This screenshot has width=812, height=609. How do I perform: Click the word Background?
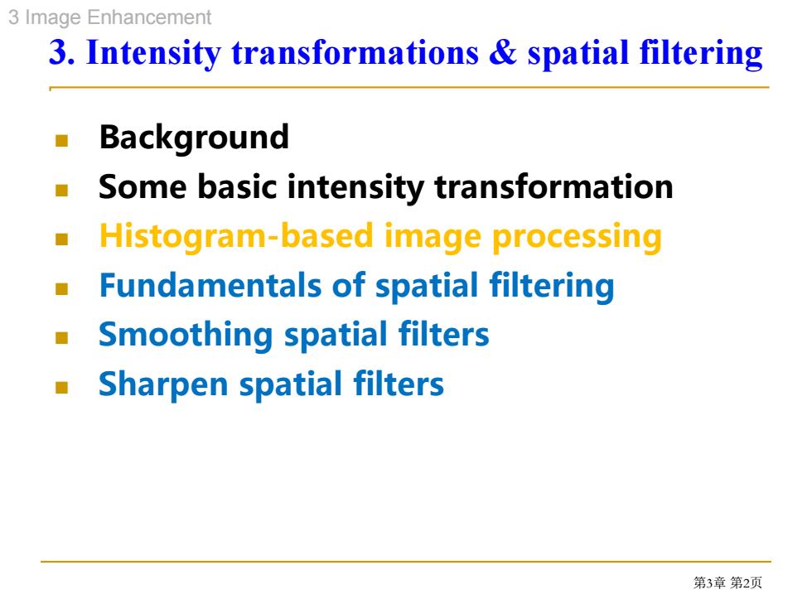coord(194,138)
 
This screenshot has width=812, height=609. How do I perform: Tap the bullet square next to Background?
coord(61,140)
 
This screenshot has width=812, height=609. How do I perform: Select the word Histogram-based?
coord(236,237)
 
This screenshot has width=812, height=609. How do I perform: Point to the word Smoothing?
coord(186,335)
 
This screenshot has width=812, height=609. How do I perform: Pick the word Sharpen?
coord(163,384)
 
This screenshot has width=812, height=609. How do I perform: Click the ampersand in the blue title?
coord(502,52)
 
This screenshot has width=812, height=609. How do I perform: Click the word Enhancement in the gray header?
coord(149,17)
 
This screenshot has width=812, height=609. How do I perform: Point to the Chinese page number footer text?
coord(727,582)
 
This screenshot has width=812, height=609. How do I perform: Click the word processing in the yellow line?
coord(577,238)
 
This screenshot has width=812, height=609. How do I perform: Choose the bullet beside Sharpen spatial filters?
coord(61,388)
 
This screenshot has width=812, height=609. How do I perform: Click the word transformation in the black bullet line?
coord(553,187)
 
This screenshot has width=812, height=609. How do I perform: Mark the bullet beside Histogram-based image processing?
coord(61,239)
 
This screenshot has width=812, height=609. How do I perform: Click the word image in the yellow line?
coord(433,238)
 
